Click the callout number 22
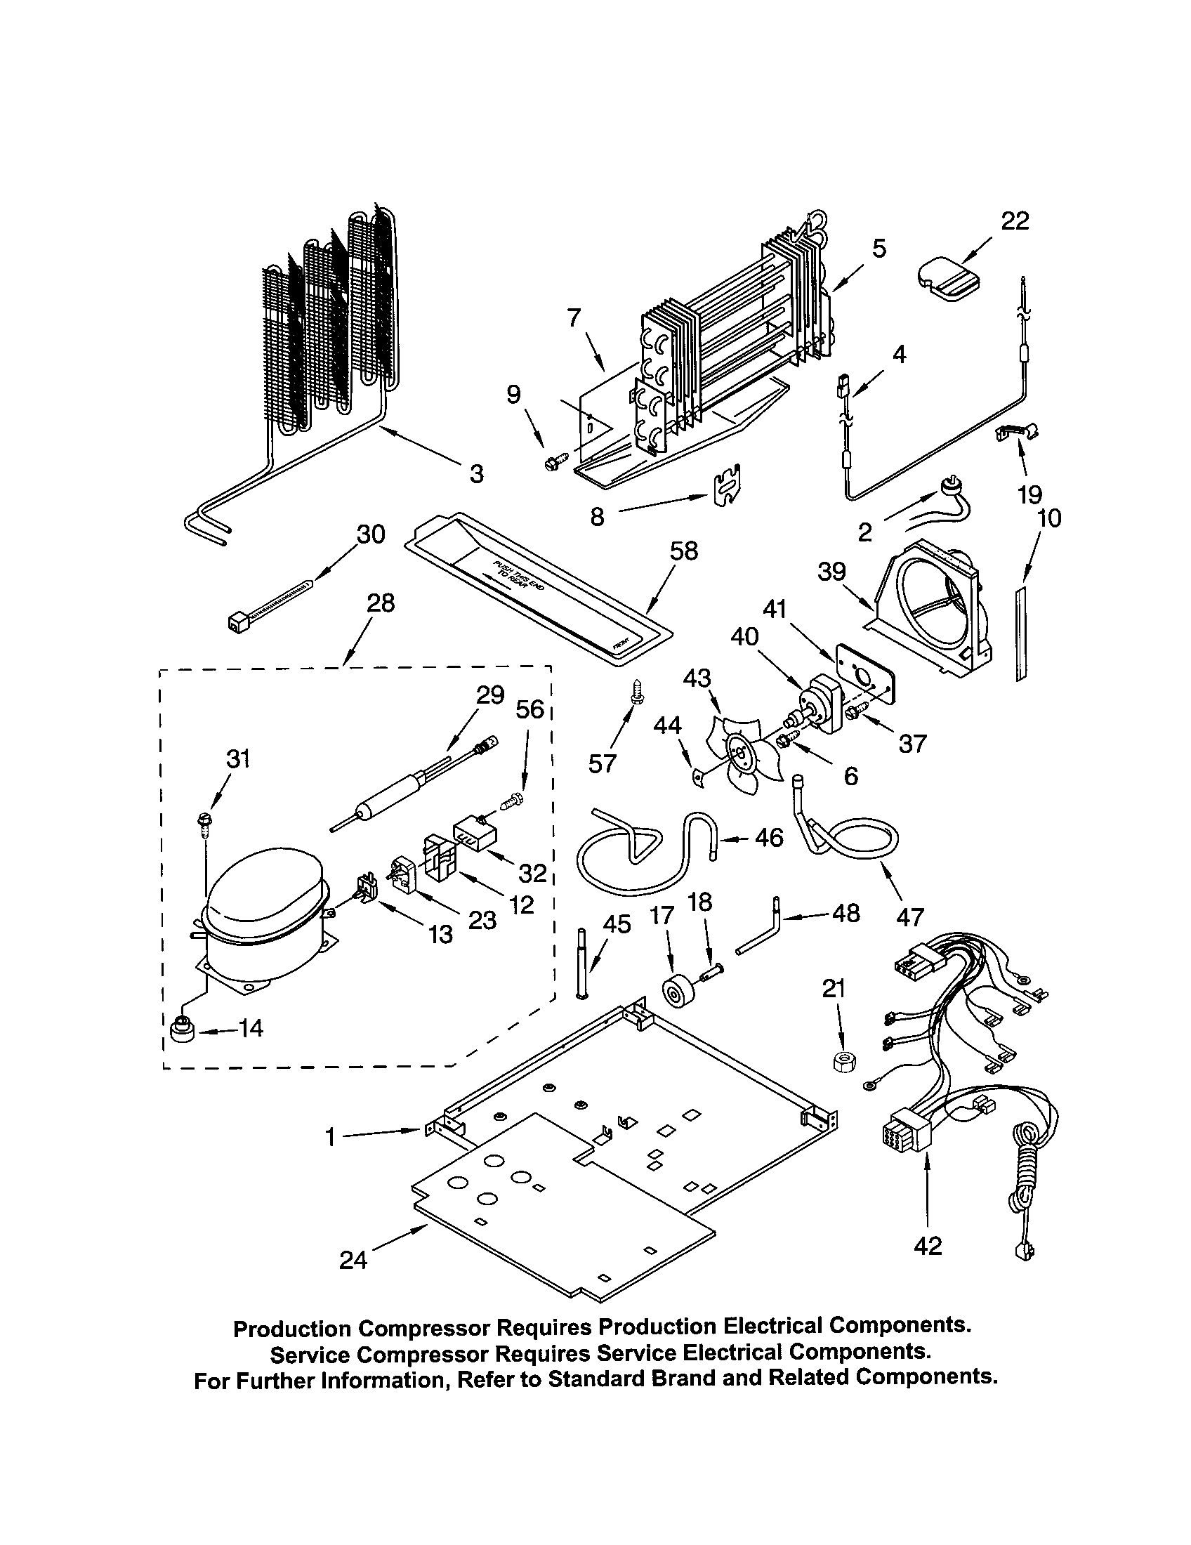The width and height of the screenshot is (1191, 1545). (x=1015, y=221)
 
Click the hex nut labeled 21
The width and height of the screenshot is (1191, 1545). (x=842, y=1060)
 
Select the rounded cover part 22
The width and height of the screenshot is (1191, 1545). (x=949, y=280)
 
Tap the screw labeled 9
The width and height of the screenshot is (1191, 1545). (x=551, y=462)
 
